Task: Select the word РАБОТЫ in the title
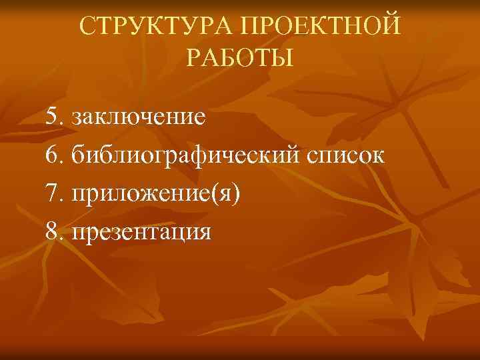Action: pos(239,58)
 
